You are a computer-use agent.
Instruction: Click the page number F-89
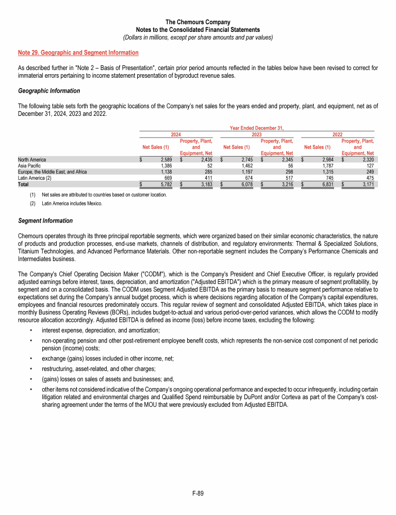click(198, 494)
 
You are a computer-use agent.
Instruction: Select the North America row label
click(31, 160)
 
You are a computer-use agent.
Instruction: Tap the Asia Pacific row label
click(28, 166)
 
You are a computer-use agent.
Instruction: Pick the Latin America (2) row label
click(34, 178)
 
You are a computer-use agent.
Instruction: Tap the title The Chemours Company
click(198, 23)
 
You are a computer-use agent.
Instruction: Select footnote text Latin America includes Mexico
click(72, 203)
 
